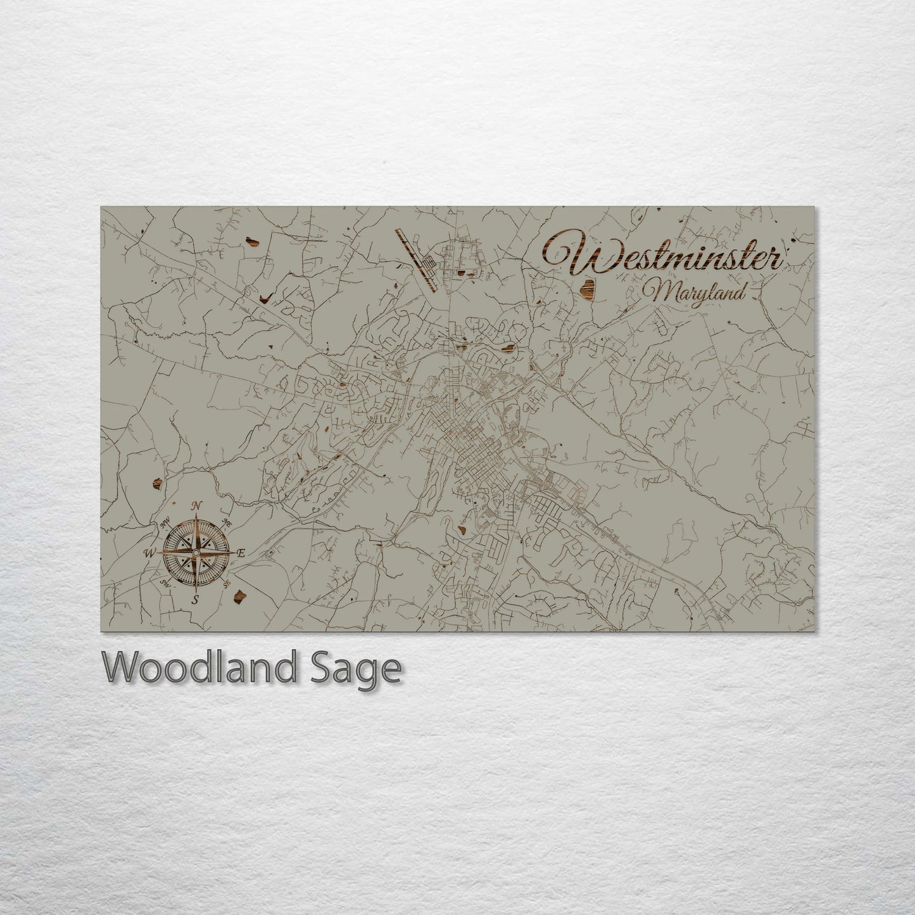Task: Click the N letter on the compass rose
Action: [197, 505]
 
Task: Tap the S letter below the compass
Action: [196, 599]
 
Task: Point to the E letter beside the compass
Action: [241, 553]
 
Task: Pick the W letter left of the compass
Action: [150, 553]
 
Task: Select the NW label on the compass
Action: [167, 522]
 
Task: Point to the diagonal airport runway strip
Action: [416, 260]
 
